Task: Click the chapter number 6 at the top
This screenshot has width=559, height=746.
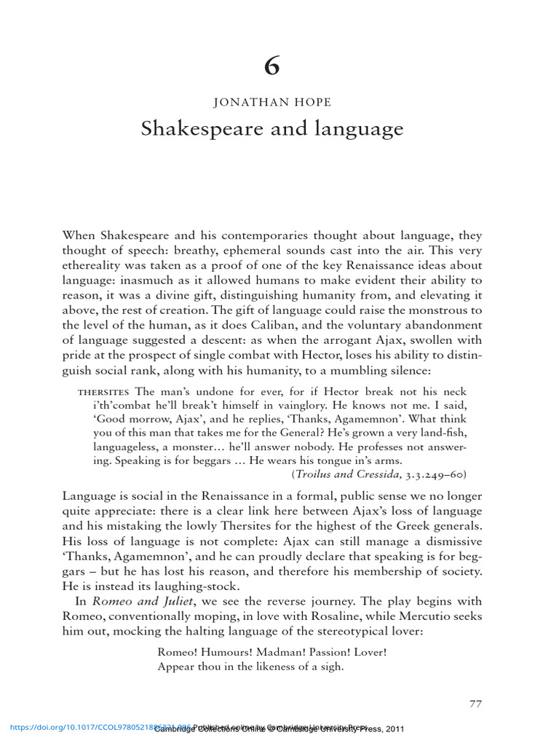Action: [271, 66]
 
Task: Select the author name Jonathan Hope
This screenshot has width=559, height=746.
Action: [271, 104]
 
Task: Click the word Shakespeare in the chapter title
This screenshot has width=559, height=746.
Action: [191, 130]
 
